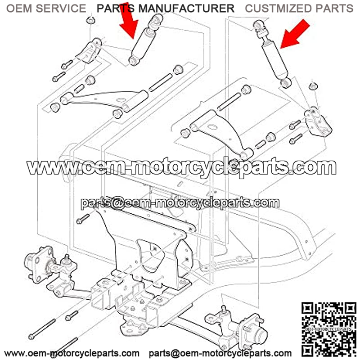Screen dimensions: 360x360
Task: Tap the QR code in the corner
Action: (x=329, y=329)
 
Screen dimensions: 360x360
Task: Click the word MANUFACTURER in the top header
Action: (x=187, y=9)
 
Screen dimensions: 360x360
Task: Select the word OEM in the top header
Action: (x=19, y=9)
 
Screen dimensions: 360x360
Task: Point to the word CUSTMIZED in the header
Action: (x=279, y=9)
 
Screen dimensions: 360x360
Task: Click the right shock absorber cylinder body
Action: (x=274, y=59)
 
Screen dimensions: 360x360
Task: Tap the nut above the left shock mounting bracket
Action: (x=90, y=20)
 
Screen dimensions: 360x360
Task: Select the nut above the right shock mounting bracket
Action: (x=313, y=86)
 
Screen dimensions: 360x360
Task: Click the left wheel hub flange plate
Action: (x=38, y=265)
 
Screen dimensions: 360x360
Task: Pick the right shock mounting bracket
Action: (x=318, y=121)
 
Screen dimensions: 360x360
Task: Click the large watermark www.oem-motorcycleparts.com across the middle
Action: (x=181, y=166)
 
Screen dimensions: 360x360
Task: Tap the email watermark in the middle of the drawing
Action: (x=180, y=203)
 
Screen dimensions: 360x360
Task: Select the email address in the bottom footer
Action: (x=220, y=353)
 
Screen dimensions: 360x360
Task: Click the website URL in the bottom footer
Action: (x=72, y=353)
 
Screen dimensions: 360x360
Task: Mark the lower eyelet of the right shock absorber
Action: (x=286, y=83)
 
